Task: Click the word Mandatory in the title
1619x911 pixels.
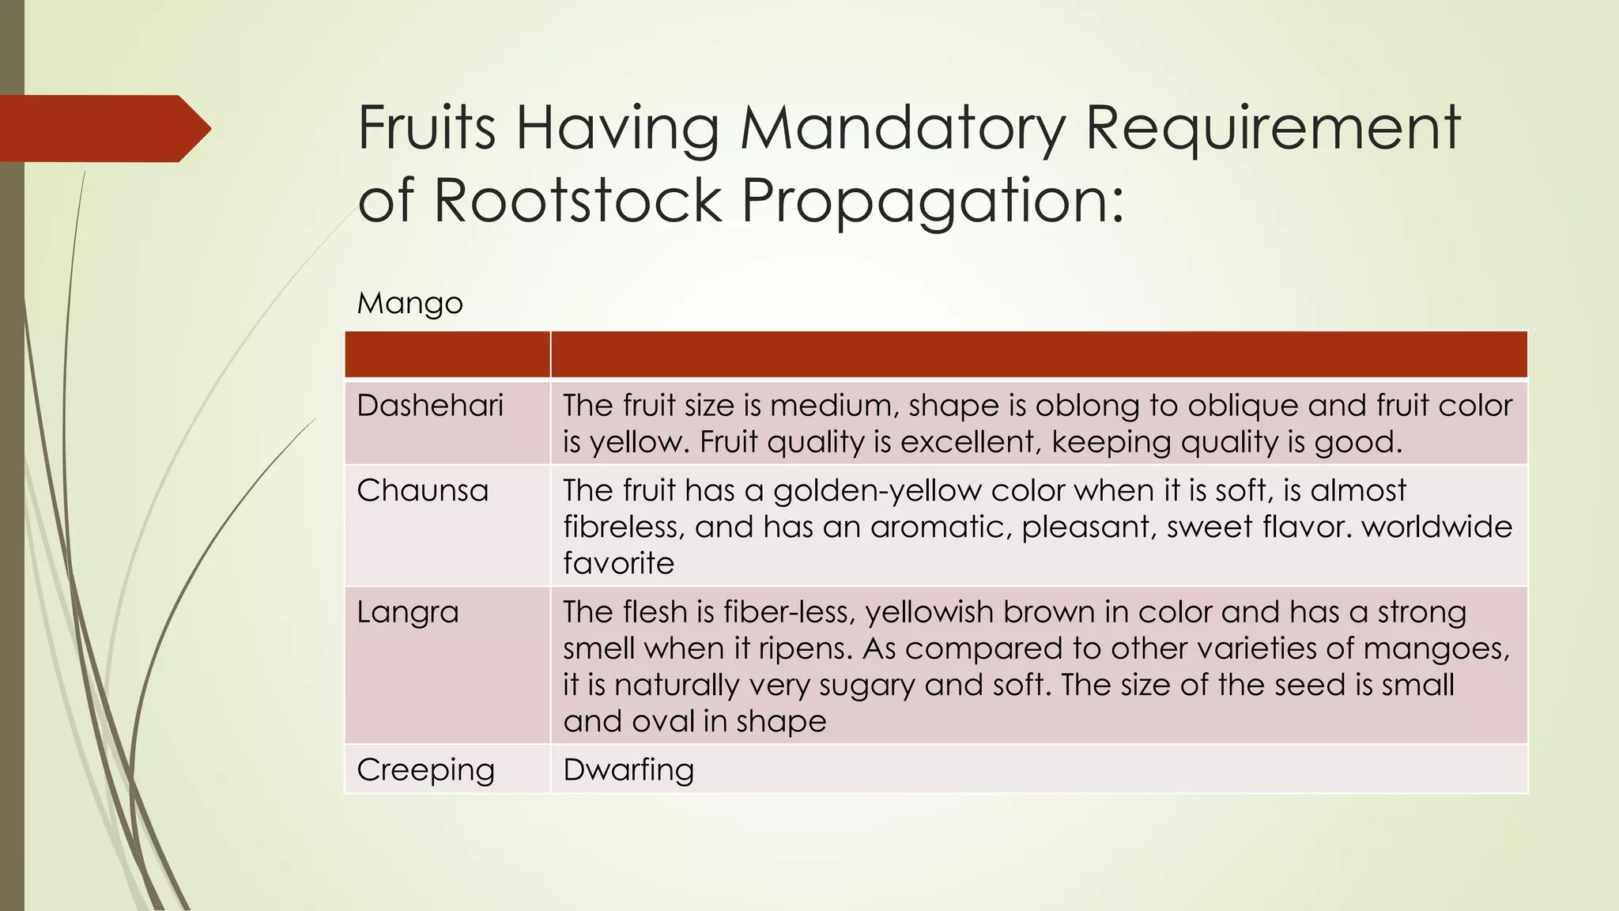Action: pyautogui.click(x=902, y=129)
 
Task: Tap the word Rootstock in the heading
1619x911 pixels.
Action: pyautogui.click(x=577, y=200)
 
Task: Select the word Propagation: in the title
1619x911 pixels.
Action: pyautogui.click(x=933, y=202)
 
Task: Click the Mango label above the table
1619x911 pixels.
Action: pyautogui.click(x=409, y=304)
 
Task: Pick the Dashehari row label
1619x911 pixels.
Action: pyautogui.click(x=430, y=406)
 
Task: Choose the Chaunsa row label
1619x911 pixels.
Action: pyautogui.click(x=422, y=491)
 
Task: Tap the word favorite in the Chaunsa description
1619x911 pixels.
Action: pyautogui.click(x=618, y=564)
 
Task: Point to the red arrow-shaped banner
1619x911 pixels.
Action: pyautogui.click(x=103, y=129)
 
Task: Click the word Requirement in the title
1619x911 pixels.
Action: pyautogui.click(x=1273, y=129)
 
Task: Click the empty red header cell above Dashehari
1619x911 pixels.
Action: pyautogui.click(x=447, y=355)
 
